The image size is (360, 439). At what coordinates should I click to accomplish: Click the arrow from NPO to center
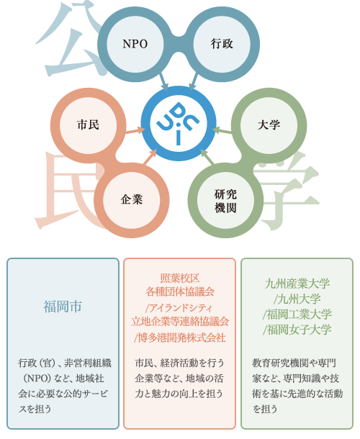[163, 82]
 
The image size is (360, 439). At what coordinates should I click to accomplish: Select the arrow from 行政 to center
[194, 82]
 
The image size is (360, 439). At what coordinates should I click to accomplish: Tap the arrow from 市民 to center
[135, 131]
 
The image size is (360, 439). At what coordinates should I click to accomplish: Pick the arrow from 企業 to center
[150, 157]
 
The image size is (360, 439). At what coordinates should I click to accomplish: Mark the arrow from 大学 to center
[222, 130]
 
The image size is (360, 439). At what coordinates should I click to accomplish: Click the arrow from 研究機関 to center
[207, 157]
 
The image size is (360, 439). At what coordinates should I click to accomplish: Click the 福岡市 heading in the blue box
[63, 307]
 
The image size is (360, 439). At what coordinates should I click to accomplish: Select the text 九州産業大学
[297, 284]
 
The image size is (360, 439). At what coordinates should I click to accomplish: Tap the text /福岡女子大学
[297, 330]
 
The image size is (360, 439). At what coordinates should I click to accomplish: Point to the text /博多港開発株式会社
[179, 338]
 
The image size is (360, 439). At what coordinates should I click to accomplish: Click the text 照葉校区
[180, 279]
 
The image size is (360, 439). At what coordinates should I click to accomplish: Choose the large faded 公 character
[70, 39]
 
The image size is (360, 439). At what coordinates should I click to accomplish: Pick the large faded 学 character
[287, 191]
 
